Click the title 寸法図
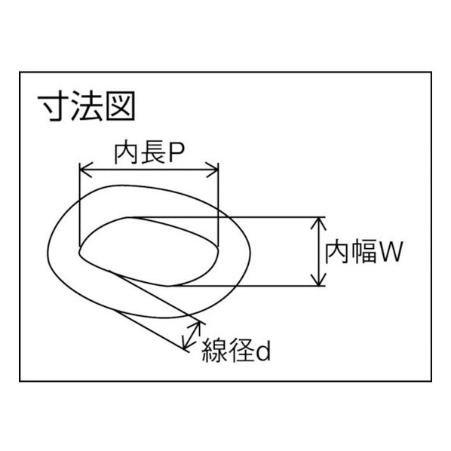(x=87, y=106)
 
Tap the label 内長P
(x=149, y=154)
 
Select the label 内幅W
(x=364, y=253)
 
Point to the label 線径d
(x=236, y=351)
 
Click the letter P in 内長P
(x=176, y=154)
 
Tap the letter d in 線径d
(x=263, y=351)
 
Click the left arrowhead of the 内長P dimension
(x=86, y=170)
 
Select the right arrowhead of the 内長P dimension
(x=212, y=170)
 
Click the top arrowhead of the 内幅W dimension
(x=318, y=223)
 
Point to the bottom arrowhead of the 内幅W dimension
(x=318, y=280)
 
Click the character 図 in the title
(x=120, y=106)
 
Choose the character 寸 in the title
(x=54, y=106)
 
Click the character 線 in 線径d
(x=213, y=351)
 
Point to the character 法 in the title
(x=87, y=106)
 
